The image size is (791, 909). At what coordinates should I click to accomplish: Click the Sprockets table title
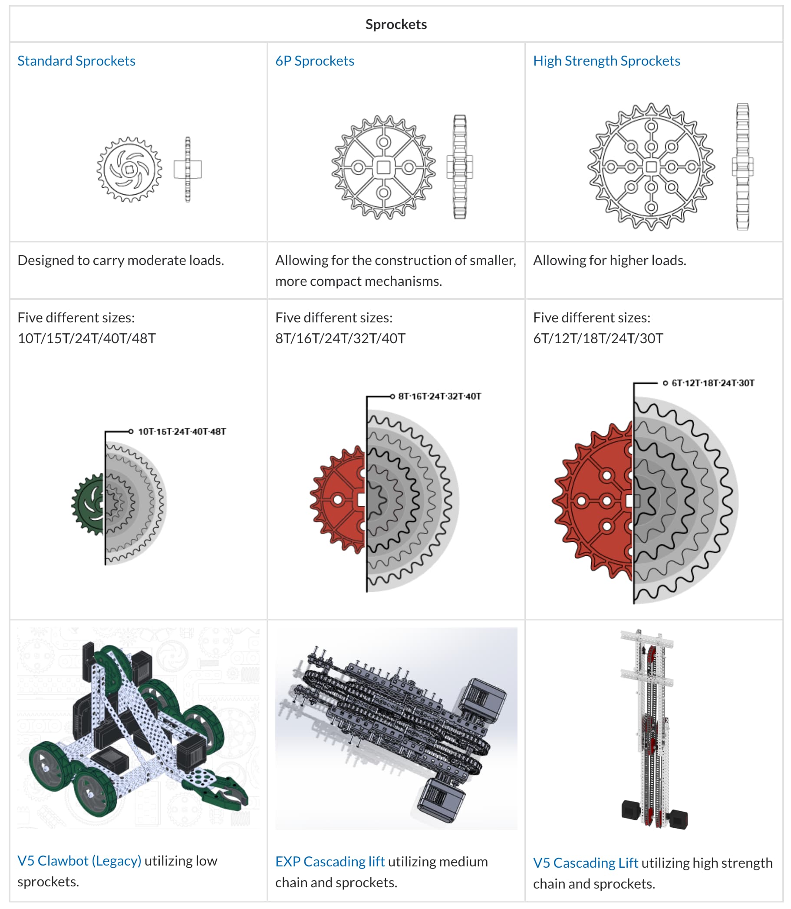click(396, 24)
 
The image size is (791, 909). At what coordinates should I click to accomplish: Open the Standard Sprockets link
click(76, 61)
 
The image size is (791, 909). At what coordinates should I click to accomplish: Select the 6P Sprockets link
click(315, 61)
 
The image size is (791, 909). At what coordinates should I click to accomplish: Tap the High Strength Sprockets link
click(606, 61)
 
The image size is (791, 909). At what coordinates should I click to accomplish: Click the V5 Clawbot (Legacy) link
click(79, 860)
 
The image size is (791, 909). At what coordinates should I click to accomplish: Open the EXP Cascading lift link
click(330, 861)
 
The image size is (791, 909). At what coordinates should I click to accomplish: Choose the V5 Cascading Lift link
click(585, 863)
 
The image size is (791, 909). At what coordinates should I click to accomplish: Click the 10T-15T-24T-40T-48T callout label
click(182, 431)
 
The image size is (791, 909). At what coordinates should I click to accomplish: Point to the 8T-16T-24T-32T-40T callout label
click(440, 396)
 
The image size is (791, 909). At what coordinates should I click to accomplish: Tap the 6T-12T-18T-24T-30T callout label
click(713, 383)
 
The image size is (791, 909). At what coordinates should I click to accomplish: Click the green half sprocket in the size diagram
click(88, 504)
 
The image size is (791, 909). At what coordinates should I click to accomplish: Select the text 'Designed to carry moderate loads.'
click(121, 260)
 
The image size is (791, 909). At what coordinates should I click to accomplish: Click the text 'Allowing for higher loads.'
click(610, 260)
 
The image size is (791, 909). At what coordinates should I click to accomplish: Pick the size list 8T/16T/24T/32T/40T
click(340, 338)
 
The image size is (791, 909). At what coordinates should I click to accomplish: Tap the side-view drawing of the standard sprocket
click(188, 169)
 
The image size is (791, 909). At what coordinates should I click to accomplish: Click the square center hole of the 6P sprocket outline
click(383, 167)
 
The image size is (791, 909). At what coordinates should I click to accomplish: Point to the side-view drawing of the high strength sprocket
click(742, 167)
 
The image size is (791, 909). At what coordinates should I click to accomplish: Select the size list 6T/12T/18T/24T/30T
click(598, 338)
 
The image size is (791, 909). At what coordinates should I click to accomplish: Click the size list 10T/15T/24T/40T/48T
click(86, 338)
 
